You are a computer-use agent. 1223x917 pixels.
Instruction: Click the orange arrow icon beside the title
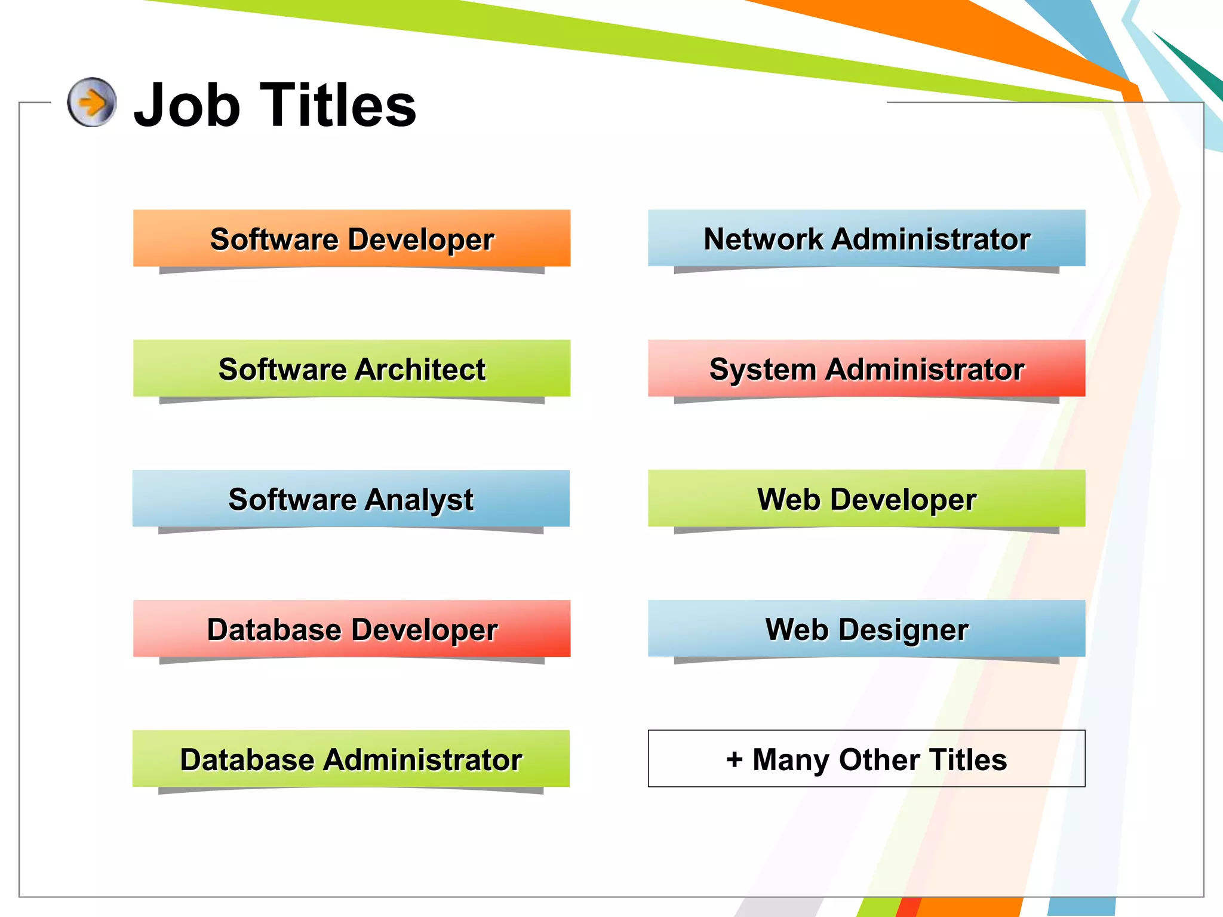click(x=91, y=102)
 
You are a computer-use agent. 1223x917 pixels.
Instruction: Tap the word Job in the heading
click(x=187, y=106)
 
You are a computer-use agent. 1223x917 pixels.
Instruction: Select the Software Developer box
click(x=352, y=238)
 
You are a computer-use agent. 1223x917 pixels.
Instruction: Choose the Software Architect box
click(x=352, y=368)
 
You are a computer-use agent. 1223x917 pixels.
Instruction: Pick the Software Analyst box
click(x=351, y=498)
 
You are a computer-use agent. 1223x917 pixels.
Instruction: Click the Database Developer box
click(x=352, y=629)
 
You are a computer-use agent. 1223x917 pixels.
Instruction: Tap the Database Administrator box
click(x=351, y=759)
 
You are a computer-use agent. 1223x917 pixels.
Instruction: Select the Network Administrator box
click(x=866, y=238)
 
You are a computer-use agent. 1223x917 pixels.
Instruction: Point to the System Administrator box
click(x=866, y=368)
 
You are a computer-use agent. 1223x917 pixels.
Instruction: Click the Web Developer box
click(x=866, y=498)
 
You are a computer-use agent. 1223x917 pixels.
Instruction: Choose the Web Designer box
click(x=866, y=629)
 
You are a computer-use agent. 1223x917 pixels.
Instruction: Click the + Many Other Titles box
click(x=866, y=759)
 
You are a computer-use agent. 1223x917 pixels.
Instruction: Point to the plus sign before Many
click(x=734, y=759)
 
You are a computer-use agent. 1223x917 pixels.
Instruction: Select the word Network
click(x=763, y=239)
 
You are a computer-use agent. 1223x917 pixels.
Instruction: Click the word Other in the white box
click(x=879, y=760)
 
